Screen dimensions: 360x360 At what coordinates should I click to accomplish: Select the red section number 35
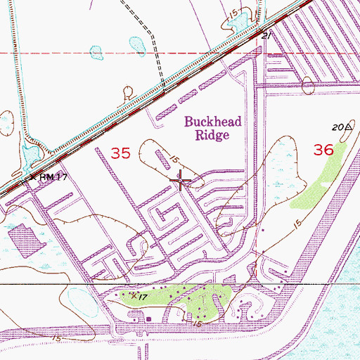121,153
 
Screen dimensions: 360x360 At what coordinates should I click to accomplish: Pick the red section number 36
323,149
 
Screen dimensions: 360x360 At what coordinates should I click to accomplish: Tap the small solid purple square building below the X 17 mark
149,319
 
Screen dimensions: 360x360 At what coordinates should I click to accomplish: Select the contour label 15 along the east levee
298,224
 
